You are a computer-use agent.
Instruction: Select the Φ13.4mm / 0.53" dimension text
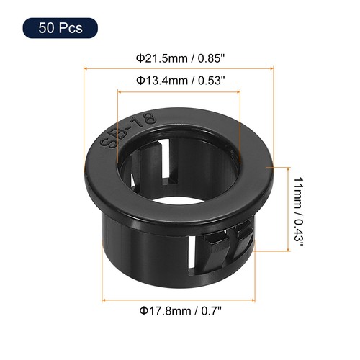pos(179,80)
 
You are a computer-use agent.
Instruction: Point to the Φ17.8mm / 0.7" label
pos(179,310)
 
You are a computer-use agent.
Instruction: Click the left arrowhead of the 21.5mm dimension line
pos(88,68)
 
